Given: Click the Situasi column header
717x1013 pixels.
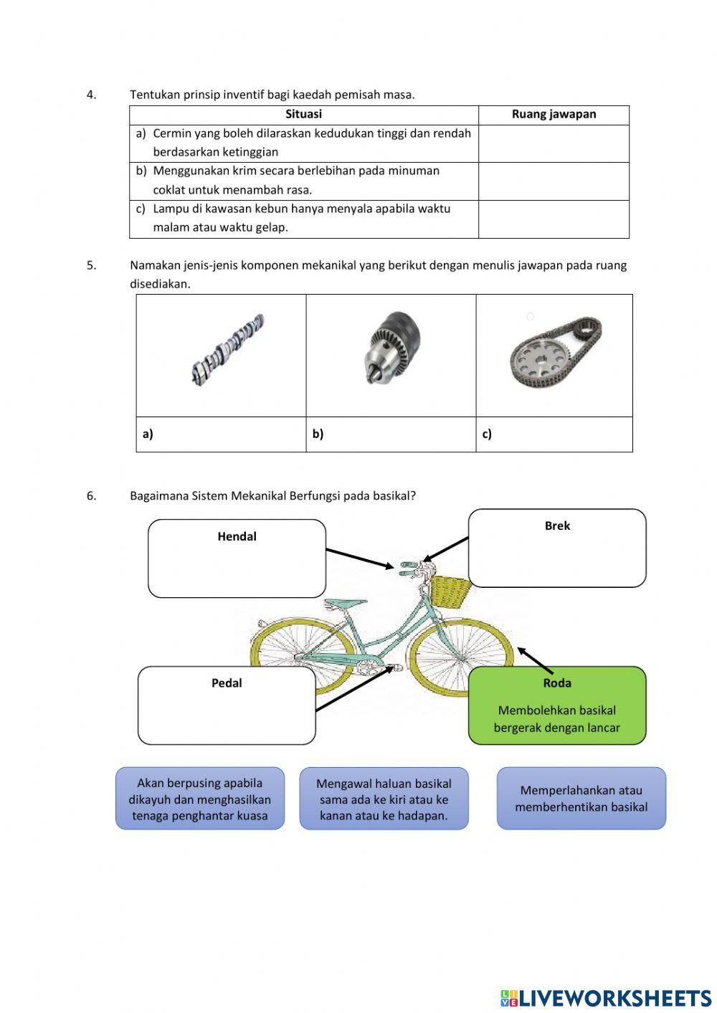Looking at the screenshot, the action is tap(303, 114).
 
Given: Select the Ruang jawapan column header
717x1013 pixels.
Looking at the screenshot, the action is tap(554, 114).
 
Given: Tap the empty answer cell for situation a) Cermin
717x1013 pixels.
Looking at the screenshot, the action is tap(554, 143).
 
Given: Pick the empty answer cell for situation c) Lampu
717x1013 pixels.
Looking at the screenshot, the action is tap(554, 219).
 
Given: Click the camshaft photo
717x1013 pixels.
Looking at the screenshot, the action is tap(228, 350).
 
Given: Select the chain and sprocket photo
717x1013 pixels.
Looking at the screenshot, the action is tap(556, 352).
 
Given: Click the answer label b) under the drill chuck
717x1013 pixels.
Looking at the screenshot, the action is tap(318, 434).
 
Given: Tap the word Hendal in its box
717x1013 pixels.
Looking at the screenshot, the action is tap(237, 536).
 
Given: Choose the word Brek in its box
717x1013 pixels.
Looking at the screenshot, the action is tap(557, 525).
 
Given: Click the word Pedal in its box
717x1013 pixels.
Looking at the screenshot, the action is tap(226, 683).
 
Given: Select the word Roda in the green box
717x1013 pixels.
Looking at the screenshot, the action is tap(557, 683).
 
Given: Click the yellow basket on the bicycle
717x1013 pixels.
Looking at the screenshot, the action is tap(450, 592).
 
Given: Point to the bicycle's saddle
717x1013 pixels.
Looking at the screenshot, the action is tap(346, 604).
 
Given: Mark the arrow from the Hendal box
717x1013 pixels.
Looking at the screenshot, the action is tap(360, 558).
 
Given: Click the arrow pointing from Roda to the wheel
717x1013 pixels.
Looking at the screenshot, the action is tap(535, 661).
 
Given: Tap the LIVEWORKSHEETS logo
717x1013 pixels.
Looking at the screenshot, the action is tap(606, 998).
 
